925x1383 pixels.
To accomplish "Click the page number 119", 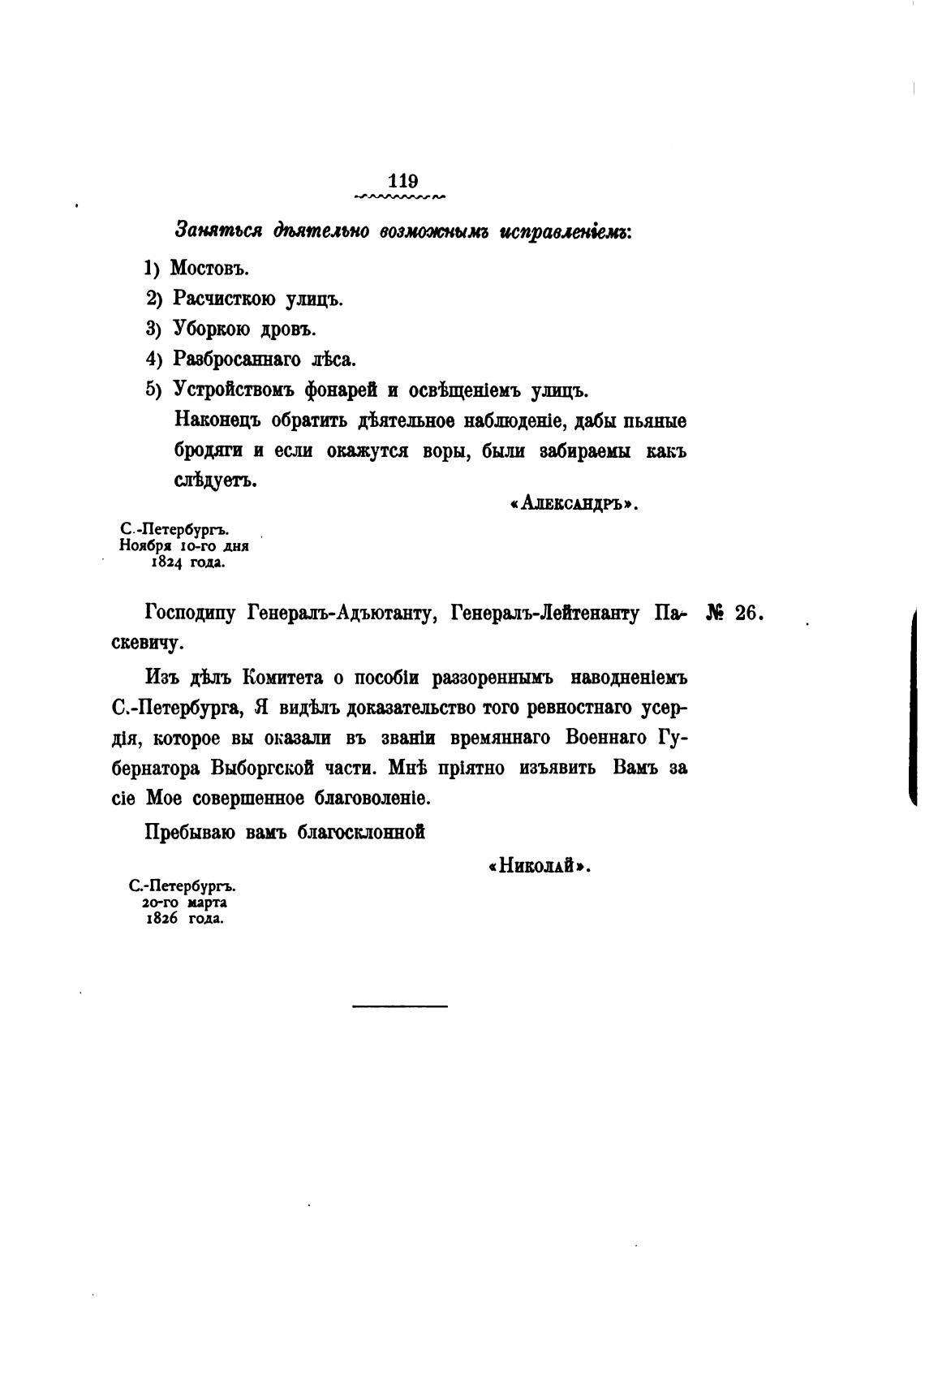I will pos(403,180).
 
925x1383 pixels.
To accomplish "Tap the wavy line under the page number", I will pos(400,196).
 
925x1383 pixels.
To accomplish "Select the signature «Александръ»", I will pos(574,504).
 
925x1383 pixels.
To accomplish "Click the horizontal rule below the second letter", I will pos(400,1006).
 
